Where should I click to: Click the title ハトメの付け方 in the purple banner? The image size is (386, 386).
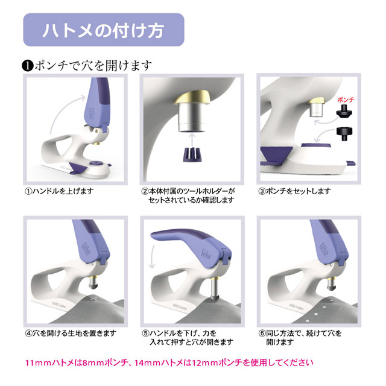coord(103,31)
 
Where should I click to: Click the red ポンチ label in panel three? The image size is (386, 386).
coord(346,100)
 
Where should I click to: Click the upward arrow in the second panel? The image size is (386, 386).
coord(192,139)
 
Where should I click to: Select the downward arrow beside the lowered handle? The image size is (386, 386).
coord(153,256)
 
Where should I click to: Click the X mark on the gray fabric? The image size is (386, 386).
coord(92,299)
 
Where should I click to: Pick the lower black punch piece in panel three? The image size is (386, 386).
coord(344,134)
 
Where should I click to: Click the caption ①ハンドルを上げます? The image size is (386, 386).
coord(59,191)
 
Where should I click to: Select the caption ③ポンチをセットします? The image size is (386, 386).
coord(294,191)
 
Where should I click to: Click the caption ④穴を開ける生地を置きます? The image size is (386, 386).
coord(71,334)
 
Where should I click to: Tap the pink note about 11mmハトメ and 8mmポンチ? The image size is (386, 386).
coord(169,362)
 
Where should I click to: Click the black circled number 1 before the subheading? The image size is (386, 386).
coord(28,66)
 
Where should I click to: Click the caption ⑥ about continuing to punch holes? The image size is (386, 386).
coord(300,338)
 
